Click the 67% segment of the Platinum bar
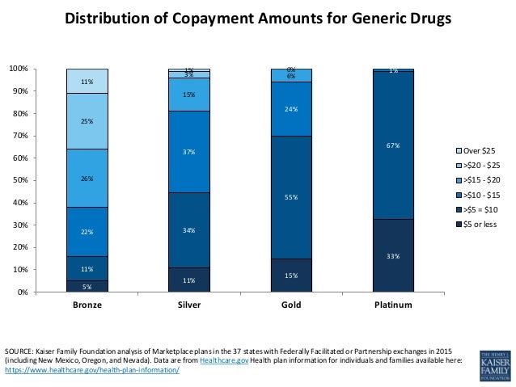point(393,145)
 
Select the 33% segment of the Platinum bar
point(393,255)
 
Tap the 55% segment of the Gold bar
point(291,197)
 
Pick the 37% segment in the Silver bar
point(188,152)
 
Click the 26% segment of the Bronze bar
point(87,178)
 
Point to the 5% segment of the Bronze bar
point(87,286)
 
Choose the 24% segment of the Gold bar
point(291,109)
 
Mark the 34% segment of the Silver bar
point(188,230)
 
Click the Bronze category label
point(87,305)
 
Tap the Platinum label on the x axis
point(393,305)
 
